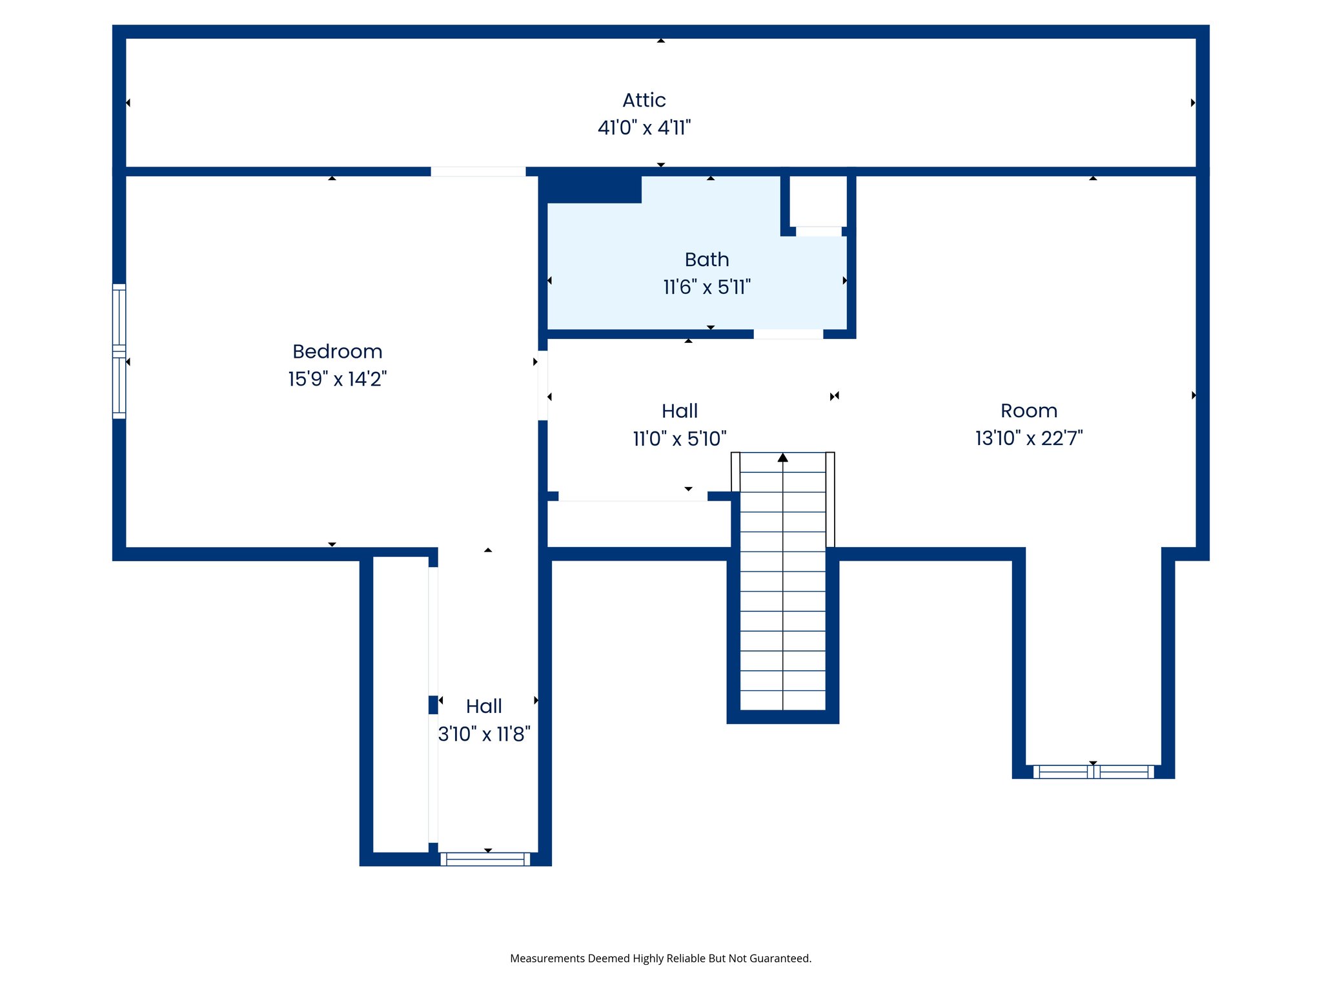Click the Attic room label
[x=644, y=100]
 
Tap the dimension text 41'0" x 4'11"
[x=644, y=128]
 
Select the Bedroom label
[x=337, y=351]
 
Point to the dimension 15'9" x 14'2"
[x=337, y=379]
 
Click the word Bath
[x=707, y=260]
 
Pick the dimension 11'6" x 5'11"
[x=707, y=287]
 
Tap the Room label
[x=1028, y=411]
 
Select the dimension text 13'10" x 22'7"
[x=1028, y=439]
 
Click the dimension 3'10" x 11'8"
[x=484, y=734]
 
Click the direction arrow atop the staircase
[x=782, y=458]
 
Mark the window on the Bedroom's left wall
[x=119, y=351]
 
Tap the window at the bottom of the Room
[x=1093, y=772]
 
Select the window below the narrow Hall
[x=485, y=859]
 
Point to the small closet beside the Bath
[x=818, y=201]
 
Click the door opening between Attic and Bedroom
[x=478, y=172]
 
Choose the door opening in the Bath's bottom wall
[x=788, y=334]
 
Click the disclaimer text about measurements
[x=660, y=958]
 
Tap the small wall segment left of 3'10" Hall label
[x=433, y=705]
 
